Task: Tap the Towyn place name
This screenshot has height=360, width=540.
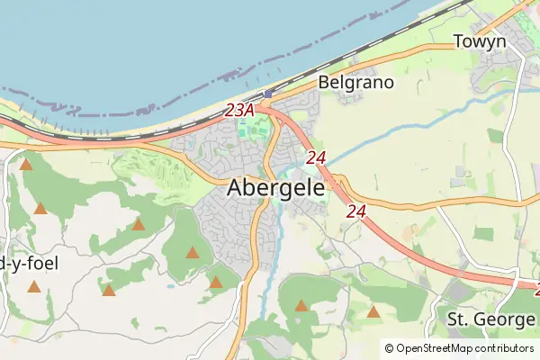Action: pos(480,41)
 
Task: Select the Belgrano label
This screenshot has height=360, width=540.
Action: pos(356,82)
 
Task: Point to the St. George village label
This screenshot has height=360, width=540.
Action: pos(491,319)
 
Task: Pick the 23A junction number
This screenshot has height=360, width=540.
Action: pos(239,110)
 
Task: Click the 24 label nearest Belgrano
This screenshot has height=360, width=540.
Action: pos(315,157)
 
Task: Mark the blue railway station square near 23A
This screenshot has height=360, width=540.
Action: pos(267,94)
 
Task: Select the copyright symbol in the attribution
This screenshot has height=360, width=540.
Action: pos(390,348)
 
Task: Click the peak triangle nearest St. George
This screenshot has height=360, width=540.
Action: pos(373,312)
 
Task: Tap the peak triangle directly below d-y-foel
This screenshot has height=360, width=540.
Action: pos(33,286)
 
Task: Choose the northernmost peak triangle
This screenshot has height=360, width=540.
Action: pos(26,165)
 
